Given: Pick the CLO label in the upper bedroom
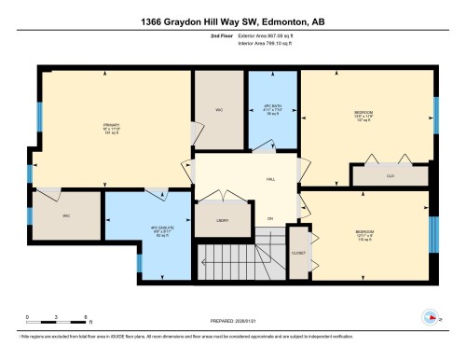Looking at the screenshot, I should pos(391,174).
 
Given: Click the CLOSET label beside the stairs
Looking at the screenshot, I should pos(298,253).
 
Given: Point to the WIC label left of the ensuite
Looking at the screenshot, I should pos(66,215).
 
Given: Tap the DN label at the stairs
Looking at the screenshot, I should pos(270,219).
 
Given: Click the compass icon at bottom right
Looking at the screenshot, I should pos(431,316).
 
